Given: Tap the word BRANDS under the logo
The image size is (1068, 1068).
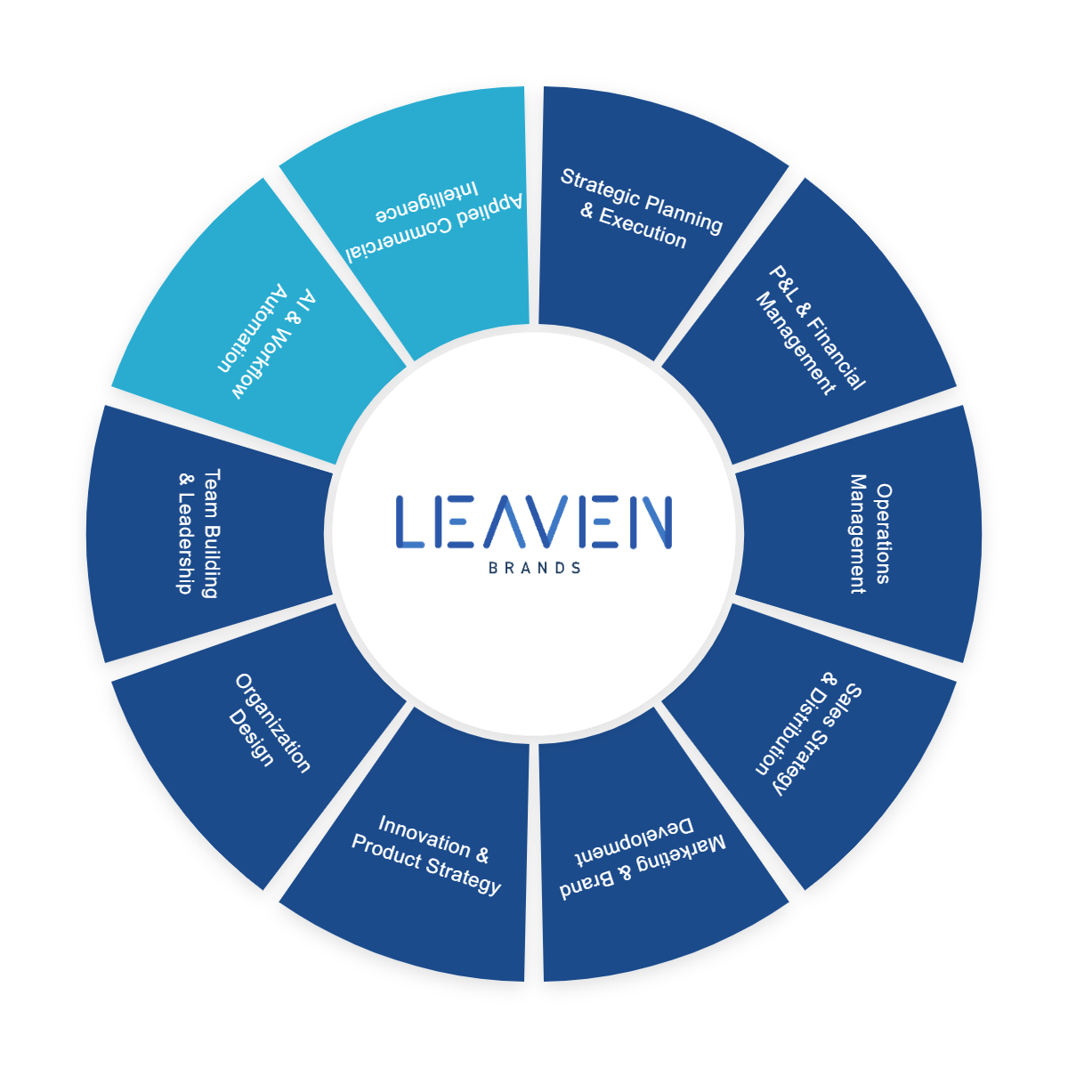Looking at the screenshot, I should click(x=535, y=568).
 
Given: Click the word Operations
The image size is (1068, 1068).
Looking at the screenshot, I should click(x=882, y=534).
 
